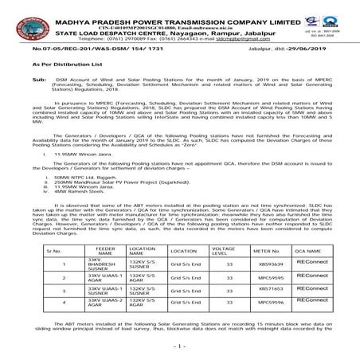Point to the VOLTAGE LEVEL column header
(229, 251)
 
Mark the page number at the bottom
(180, 347)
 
